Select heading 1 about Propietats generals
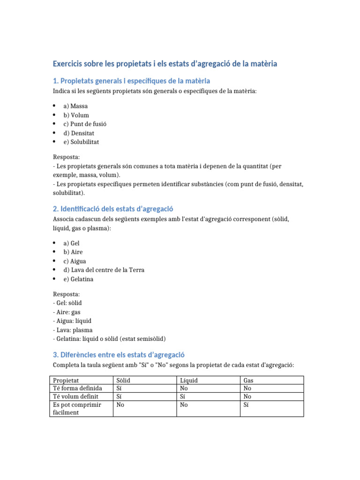point(132,81)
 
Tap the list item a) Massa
point(75,106)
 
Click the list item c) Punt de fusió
point(85,124)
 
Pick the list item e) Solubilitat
point(81,142)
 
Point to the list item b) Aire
point(73,252)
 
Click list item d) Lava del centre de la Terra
point(104,270)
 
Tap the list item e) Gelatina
point(78,279)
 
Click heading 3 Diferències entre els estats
point(119,355)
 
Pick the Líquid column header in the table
point(188,380)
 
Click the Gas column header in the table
point(248,380)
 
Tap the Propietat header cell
point(66,380)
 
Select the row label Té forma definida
point(77,388)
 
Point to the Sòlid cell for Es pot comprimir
point(120,405)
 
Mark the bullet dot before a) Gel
point(54,243)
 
